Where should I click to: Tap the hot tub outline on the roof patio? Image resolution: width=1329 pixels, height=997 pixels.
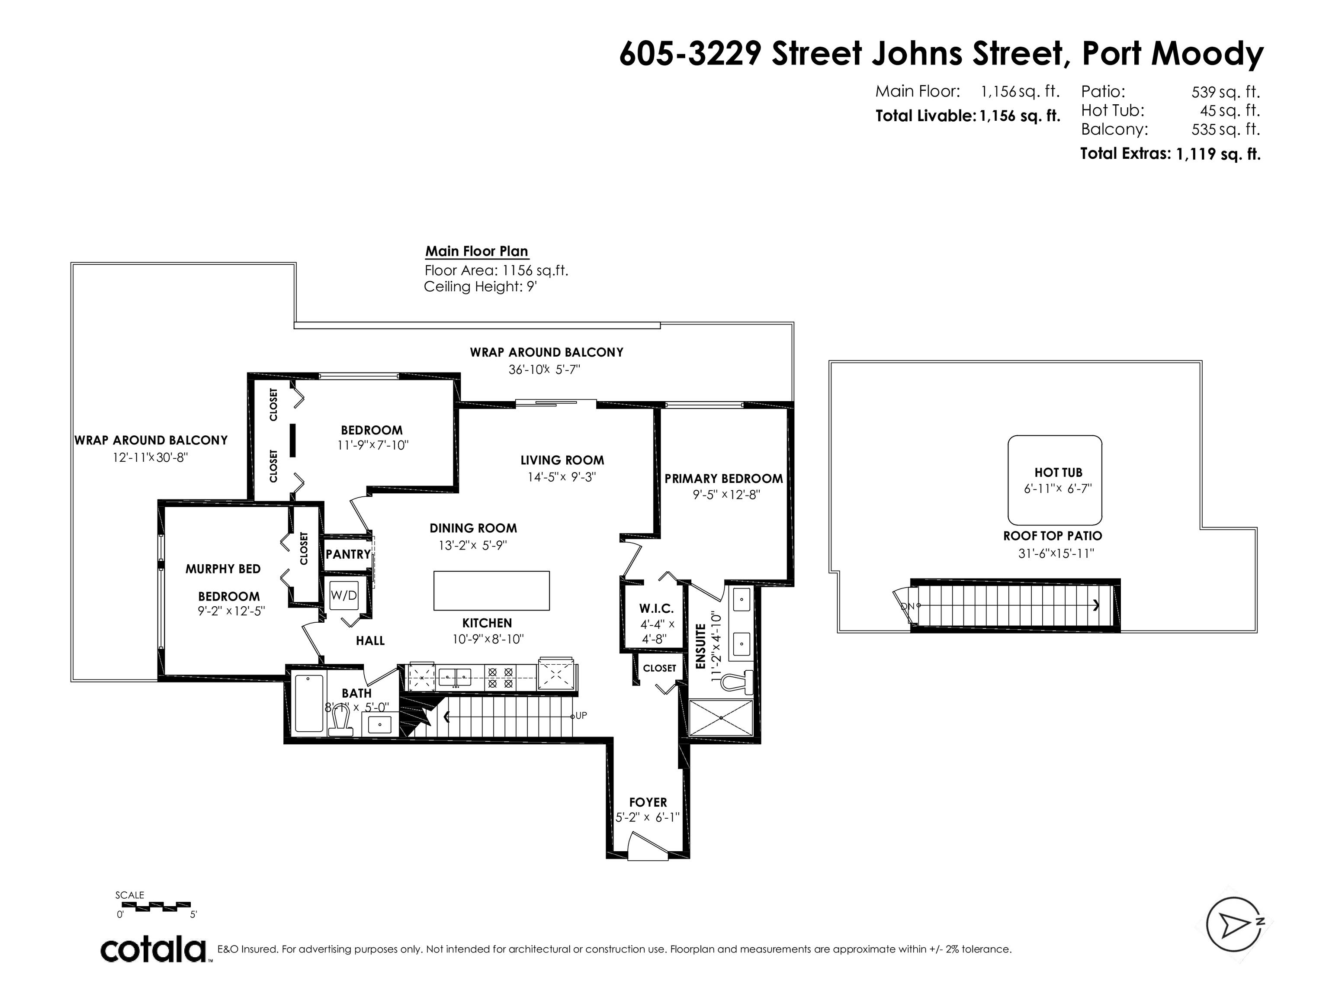pyautogui.click(x=1008, y=481)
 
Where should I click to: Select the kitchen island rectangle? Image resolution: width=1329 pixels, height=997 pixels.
pyautogui.click(x=491, y=591)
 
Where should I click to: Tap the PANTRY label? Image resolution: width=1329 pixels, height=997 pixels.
pyautogui.click(x=348, y=554)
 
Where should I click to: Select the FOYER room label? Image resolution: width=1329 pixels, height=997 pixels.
pyautogui.click(x=648, y=802)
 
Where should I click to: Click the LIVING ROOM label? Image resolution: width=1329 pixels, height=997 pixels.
pyautogui.click(x=562, y=460)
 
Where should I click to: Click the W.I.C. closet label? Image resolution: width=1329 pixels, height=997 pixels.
pyautogui.click(x=656, y=609)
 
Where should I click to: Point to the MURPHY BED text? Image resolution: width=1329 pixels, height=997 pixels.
pyautogui.click(x=223, y=569)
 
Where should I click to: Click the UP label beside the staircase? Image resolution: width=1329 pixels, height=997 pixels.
pyautogui.click(x=581, y=715)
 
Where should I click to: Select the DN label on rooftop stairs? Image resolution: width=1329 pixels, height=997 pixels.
pyautogui.click(x=907, y=606)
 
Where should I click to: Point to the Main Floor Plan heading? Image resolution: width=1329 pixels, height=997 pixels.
pyautogui.click(x=477, y=251)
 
